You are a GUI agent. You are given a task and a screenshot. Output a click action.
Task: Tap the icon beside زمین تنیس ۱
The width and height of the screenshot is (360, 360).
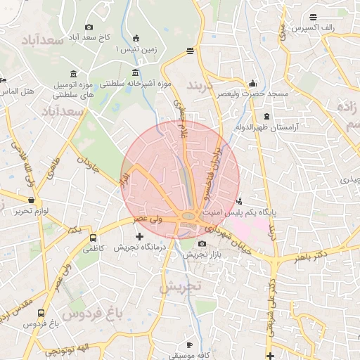click(136, 38)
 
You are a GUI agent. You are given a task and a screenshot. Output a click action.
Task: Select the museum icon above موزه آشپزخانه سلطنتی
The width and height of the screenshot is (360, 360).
click(135, 72)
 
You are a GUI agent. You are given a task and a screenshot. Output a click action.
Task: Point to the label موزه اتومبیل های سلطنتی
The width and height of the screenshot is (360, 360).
click(73, 89)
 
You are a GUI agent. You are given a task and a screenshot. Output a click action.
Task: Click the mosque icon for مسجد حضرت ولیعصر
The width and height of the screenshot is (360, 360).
click(252, 82)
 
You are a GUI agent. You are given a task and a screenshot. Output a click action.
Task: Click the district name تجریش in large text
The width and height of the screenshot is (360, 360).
click(180, 287)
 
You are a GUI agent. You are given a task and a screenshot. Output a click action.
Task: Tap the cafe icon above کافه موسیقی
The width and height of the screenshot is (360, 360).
click(188, 344)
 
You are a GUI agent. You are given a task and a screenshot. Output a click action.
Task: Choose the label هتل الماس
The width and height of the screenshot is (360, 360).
click(18, 91)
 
